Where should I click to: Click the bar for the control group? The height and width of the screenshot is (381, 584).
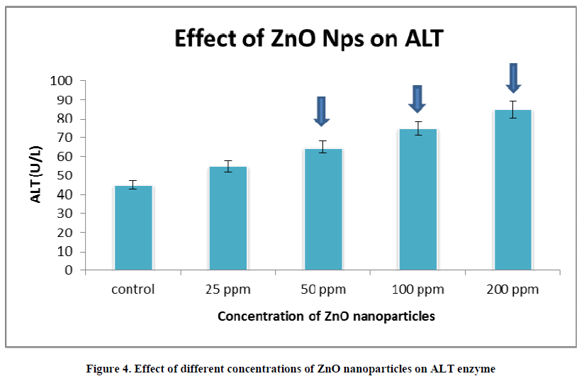pyautogui.click(x=134, y=228)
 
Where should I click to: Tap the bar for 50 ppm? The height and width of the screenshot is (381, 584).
pyautogui.click(x=323, y=209)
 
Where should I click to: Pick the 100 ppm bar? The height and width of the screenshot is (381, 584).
pyautogui.click(x=418, y=199)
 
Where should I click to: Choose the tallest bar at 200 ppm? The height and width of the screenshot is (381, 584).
pyautogui.click(x=513, y=190)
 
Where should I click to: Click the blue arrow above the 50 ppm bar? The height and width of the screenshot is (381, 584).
pyautogui.click(x=322, y=111)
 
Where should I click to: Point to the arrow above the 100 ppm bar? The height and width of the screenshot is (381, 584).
pyautogui.click(x=417, y=99)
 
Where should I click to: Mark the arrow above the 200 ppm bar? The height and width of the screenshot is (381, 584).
pyautogui.click(x=513, y=77)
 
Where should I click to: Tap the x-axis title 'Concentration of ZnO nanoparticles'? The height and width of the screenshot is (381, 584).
pyautogui.click(x=326, y=316)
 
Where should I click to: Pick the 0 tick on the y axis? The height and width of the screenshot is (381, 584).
pyautogui.click(x=69, y=270)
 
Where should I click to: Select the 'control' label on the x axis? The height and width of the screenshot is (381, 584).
pyautogui.click(x=133, y=289)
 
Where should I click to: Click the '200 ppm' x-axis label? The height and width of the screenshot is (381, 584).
pyautogui.click(x=513, y=289)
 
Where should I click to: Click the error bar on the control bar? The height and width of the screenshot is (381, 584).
pyautogui.click(x=134, y=185)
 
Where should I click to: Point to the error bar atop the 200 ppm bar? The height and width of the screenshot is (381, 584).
pyautogui.click(x=513, y=109)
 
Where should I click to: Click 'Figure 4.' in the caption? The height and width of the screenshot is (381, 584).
pyautogui.click(x=108, y=368)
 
